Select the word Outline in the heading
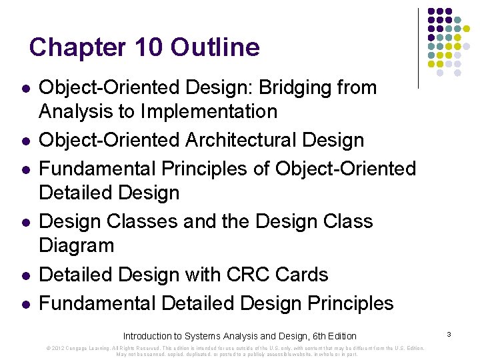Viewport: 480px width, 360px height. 215,48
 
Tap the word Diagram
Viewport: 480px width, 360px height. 77,245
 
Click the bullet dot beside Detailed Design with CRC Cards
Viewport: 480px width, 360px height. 24,275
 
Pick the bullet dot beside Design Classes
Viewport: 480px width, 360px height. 24,222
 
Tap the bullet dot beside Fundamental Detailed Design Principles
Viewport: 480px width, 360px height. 24,304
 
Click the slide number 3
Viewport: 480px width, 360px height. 449,333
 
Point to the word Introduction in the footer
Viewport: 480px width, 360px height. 147,336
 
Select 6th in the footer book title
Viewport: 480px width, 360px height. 312,336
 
